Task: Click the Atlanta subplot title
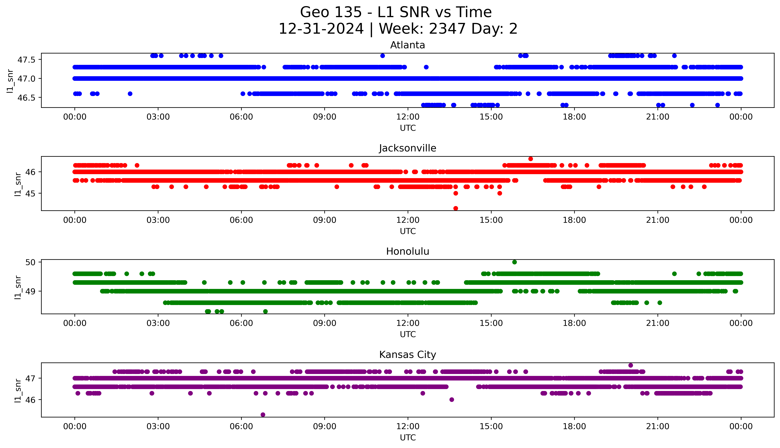[407, 45]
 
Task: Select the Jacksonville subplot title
[407, 148]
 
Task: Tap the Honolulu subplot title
[407, 251]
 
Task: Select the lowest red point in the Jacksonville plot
[456, 208]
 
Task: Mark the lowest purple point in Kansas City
[263, 415]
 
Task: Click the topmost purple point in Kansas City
[630, 365]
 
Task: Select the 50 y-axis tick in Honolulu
[31, 262]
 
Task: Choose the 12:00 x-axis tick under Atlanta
[408, 117]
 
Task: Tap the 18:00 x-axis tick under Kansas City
[574, 426]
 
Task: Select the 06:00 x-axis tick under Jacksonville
[241, 220]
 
